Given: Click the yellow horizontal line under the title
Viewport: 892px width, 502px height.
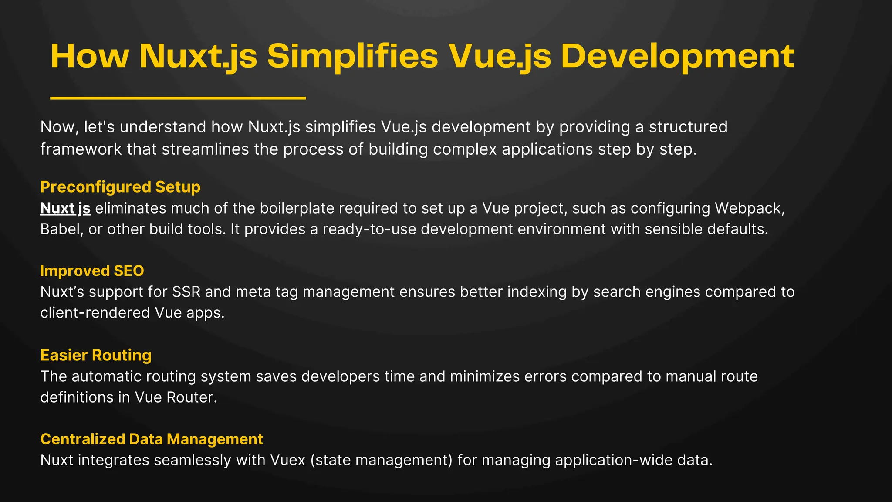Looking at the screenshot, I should pyautogui.click(x=178, y=98).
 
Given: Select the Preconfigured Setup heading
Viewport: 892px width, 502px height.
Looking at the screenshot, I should pyautogui.click(x=120, y=187).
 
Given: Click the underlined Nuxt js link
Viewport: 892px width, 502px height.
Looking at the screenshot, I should pyautogui.click(x=65, y=208).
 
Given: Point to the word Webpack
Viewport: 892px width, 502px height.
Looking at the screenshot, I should pyautogui.click(x=749, y=208).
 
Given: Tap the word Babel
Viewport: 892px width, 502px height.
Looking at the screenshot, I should pyautogui.click(x=61, y=229).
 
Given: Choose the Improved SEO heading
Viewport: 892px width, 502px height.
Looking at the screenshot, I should pyautogui.click(x=92, y=271).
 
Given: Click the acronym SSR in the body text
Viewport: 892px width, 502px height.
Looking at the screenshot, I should pyautogui.click(x=186, y=292).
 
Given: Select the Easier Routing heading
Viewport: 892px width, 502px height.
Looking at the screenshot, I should pyautogui.click(x=96, y=355).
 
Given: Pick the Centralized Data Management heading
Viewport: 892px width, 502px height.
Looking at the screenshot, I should pyautogui.click(x=152, y=439).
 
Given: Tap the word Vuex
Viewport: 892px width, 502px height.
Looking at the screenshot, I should pyautogui.click(x=287, y=460).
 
